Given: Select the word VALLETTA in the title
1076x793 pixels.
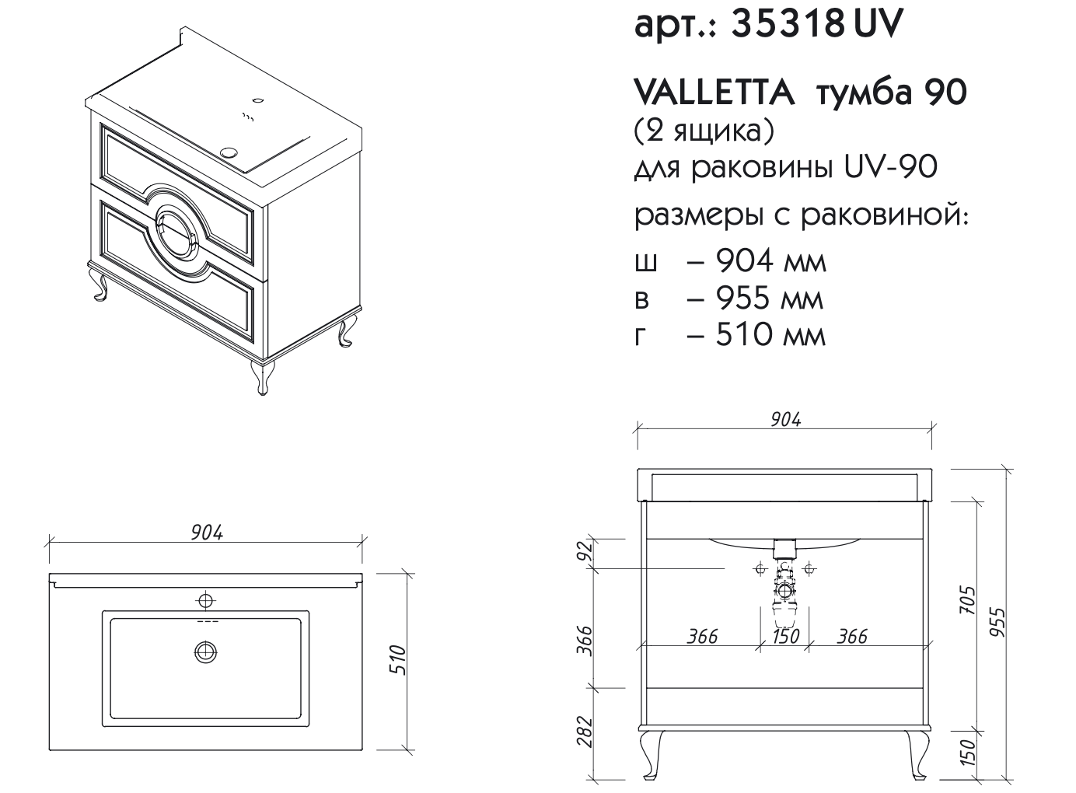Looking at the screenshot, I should click(714, 93).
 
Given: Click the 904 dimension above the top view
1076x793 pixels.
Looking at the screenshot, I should click(206, 533).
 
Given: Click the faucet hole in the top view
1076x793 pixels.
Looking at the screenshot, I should click(205, 599).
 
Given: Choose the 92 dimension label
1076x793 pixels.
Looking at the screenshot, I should click(585, 552).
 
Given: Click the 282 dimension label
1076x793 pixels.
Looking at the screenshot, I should click(585, 731).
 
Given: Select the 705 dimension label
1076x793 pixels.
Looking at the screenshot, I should click(967, 600).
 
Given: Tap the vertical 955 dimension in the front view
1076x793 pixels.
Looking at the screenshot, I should click(1000, 622).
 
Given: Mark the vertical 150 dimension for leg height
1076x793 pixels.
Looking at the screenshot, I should click(967, 753).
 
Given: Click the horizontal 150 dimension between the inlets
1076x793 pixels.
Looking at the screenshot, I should click(785, 636).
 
